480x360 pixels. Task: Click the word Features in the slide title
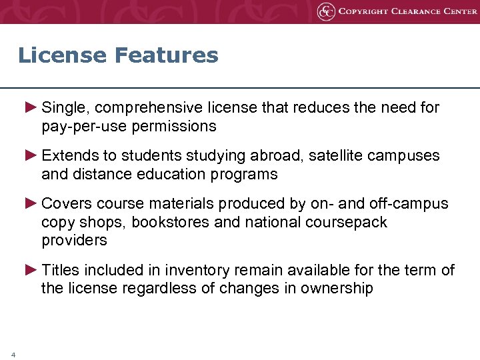pos(167,55)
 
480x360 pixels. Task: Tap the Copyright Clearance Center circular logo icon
pos(326,11)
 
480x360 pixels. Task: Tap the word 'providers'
pos(74,240)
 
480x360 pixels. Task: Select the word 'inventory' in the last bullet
pos(182,270)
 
